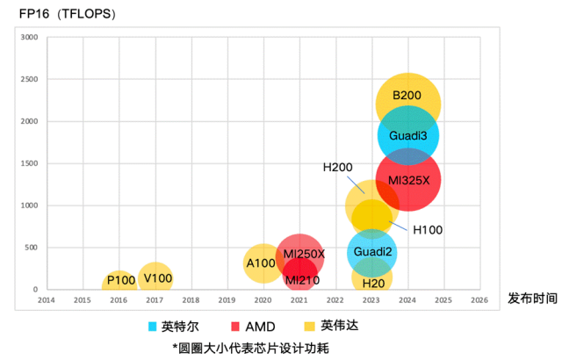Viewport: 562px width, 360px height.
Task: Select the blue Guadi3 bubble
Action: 407,135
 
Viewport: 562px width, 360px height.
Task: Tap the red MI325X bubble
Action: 407,180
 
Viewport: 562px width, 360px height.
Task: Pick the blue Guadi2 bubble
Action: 371,252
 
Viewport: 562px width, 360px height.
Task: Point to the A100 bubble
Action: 261,263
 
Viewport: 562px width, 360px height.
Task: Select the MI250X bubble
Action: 300,254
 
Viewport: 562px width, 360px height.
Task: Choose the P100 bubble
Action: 120,281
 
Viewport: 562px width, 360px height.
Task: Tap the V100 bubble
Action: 156,278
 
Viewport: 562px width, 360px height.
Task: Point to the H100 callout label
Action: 428,229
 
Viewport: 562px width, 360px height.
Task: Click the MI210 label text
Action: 301,280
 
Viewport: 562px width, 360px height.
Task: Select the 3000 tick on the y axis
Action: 29,37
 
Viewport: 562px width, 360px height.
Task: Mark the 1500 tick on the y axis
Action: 29,163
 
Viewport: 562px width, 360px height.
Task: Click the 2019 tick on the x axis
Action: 227,300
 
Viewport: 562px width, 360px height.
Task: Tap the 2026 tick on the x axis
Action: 479,300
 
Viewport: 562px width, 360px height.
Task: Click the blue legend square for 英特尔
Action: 153,326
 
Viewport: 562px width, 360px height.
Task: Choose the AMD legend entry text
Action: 260,326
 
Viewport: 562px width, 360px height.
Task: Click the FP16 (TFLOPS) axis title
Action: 68,13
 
